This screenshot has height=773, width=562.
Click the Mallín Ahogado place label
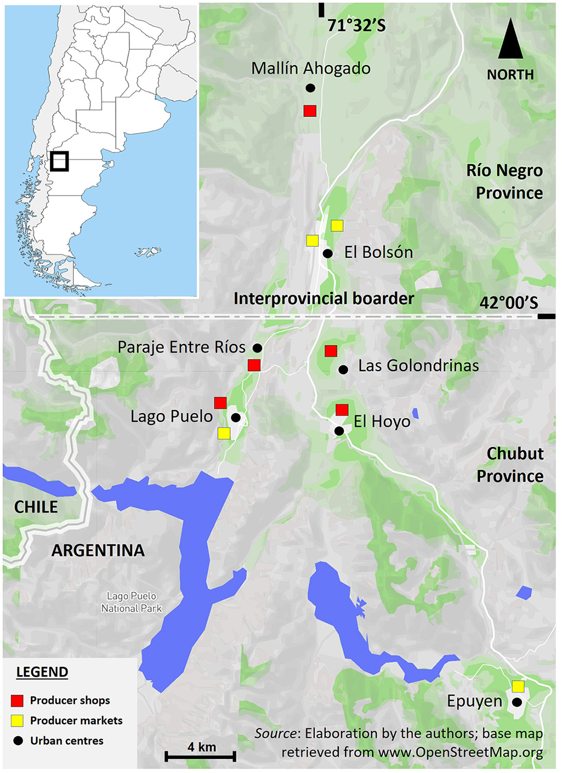coord(310,69)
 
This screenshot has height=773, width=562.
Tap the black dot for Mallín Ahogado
coord(310,88)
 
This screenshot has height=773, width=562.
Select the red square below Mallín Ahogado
coord(310,111)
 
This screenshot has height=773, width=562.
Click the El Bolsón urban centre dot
coord(327,253)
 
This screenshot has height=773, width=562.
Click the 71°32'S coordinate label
coord(356,26)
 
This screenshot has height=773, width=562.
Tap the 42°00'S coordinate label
coord(508,302)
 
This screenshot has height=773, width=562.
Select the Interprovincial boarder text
coord(323,299)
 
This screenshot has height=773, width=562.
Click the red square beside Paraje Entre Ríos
coord(254,365)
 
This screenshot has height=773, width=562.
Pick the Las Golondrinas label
coord(418,366)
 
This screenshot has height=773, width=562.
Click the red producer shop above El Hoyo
coord(342,410)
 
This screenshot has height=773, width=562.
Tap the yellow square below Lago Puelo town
coord(224,434)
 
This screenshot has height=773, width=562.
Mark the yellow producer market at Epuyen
coord(518,686)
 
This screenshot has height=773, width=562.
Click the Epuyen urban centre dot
coord(517,702)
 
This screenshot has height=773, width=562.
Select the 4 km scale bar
coord(201,755)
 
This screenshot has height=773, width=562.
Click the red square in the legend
coord(18,700)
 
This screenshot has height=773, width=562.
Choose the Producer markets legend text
coord(76,720)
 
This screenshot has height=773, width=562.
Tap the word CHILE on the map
coord(36,507)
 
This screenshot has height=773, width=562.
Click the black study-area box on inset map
coord(59,161)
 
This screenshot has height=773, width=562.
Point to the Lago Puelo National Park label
coord(131,602)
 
